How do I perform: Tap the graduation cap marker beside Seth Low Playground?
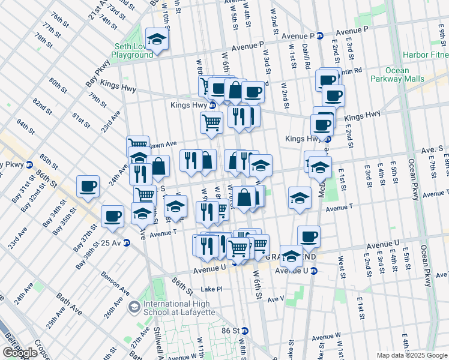pyautogui.click(x=157, y=40)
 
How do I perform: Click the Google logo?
pyautogui.click(x=20, y=353)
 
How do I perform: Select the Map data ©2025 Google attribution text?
pyautogui.click(x=411, y=355)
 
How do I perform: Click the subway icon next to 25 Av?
pyautogui.click(x=126, y=243)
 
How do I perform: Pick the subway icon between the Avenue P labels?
pyautogui.click(x=321, y=35)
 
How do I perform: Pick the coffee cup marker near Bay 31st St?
pyautogui.click(x=88, y=187)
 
